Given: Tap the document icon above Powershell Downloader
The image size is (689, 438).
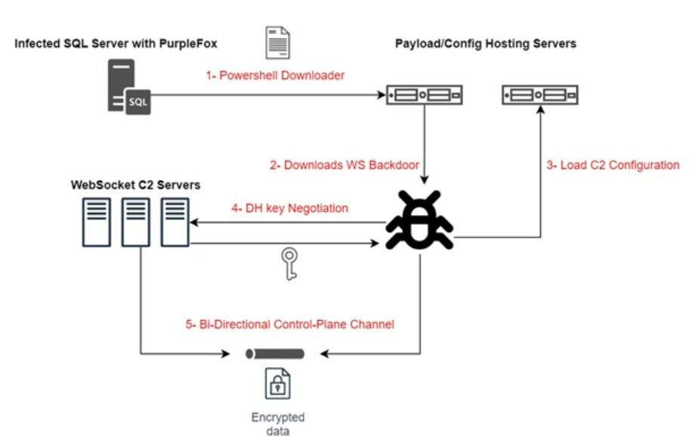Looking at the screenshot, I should pos(277,43).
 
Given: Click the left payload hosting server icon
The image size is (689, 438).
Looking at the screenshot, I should pos(423,95).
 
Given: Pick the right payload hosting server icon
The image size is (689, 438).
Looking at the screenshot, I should pos(540,95).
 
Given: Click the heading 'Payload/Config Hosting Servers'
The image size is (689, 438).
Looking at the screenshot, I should pos(486,43).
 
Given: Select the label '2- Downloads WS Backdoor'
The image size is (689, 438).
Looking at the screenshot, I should pos(344,165).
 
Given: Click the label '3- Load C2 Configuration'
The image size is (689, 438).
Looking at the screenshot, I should pos(613,165).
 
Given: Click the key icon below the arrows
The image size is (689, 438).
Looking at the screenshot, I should pos(288,263).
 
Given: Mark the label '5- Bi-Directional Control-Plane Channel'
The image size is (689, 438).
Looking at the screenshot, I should pos(290,325).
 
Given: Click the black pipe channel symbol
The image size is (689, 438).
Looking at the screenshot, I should pos(276,353).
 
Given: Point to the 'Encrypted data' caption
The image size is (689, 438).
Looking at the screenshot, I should pos(278,424).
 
